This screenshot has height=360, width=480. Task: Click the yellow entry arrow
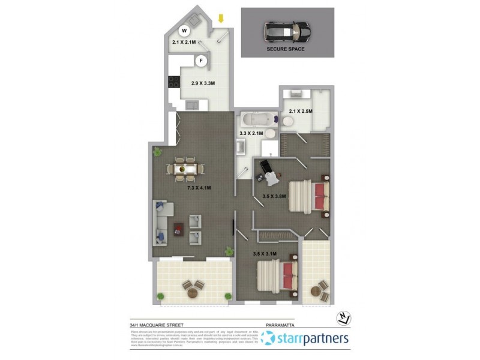pos(221,19)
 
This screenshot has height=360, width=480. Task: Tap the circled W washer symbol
pos(185,29)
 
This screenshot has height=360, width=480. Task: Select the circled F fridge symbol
pos(202,61)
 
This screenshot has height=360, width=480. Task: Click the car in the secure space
pos(287,32)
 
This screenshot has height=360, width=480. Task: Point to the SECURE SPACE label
pos(286,49)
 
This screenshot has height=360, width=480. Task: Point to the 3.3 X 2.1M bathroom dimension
pos(251,133)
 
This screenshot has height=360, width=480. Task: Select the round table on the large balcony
pos(193,293)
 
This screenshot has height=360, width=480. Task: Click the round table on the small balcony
pos(316,293)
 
